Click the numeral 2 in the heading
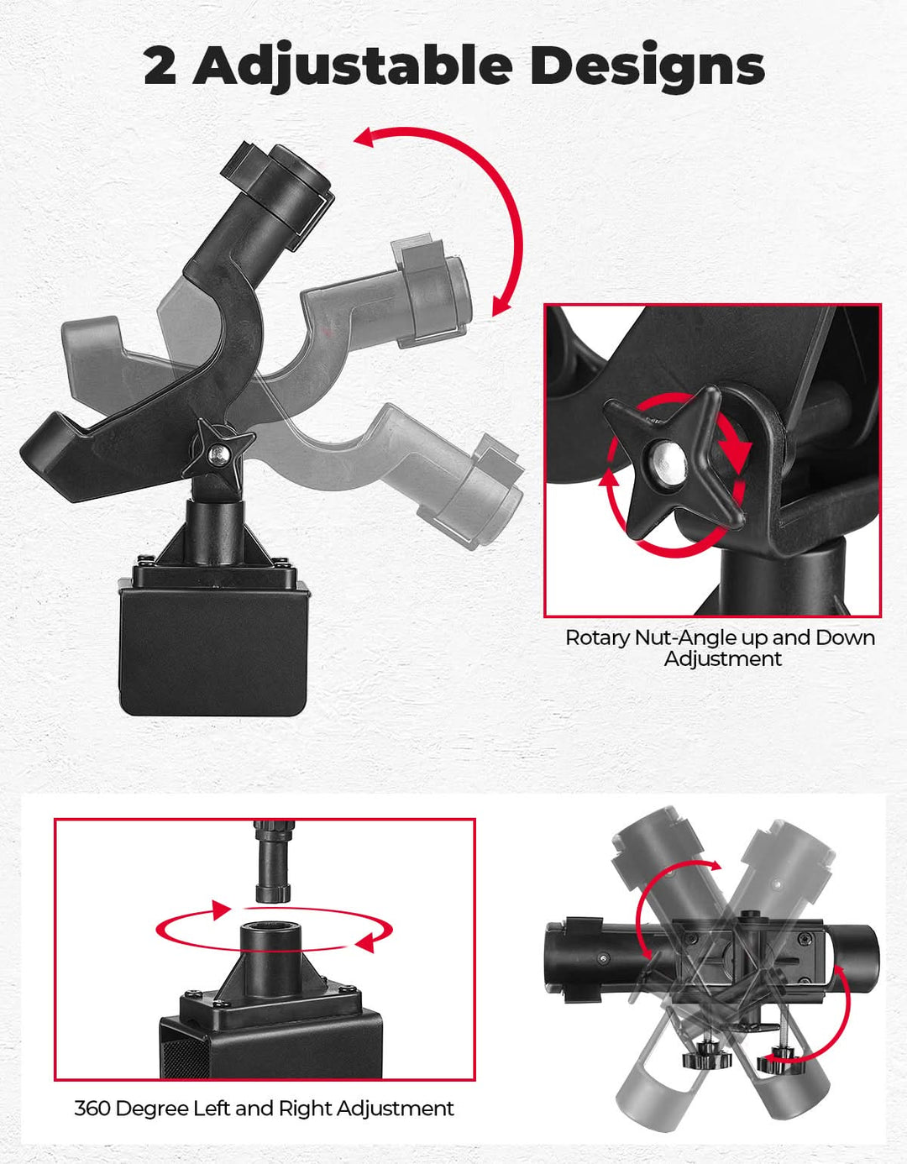pyautogui.click(x=160, y=66)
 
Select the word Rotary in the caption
pyautogui.click(x=597, y=638)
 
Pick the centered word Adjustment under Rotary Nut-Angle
pyautogui.click(x=723, y=659)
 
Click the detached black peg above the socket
pyautogui.click(x=273, y=862)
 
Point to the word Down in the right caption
pyautogui.click(x=845, y=638)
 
